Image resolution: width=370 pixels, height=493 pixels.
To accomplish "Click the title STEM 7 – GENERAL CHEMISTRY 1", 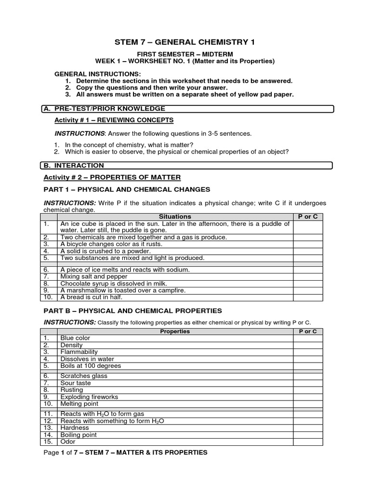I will pyautogui.click(x=185, y=42).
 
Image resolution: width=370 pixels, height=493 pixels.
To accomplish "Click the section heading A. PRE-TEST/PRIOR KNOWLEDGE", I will pyautogui.click(x=104, y=109).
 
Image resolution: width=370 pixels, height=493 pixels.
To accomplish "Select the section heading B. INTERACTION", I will pyautogui.click(x=74, y=166).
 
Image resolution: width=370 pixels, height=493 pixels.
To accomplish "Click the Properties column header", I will pyautogui.click(x=175, y=331).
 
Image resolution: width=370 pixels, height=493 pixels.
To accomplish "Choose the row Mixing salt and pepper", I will pyautogui.click(x=94, y=277).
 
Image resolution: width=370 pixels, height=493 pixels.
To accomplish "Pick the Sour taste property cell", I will pyautogui.click(x=75, y=383).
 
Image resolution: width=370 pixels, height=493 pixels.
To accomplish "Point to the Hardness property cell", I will pyautogui.click(x=75, y=428).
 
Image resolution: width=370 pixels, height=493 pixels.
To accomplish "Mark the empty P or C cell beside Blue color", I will pyautogui.click(x=308, y=338).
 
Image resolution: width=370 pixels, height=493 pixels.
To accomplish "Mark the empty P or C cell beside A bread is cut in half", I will pyautogui.click(x=308, y=297).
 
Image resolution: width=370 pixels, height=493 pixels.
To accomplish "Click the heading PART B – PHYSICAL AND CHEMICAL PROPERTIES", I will pyautogui.click(x=133, y=311).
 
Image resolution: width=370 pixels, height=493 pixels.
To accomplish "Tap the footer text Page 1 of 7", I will pyautogui.click(x=67, y=452).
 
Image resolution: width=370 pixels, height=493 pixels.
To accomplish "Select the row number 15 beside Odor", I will pyautogui.click(x=47, y=441).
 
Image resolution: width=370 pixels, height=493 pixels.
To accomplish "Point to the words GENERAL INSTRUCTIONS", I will pyautogui.click(x=97, y=74).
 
